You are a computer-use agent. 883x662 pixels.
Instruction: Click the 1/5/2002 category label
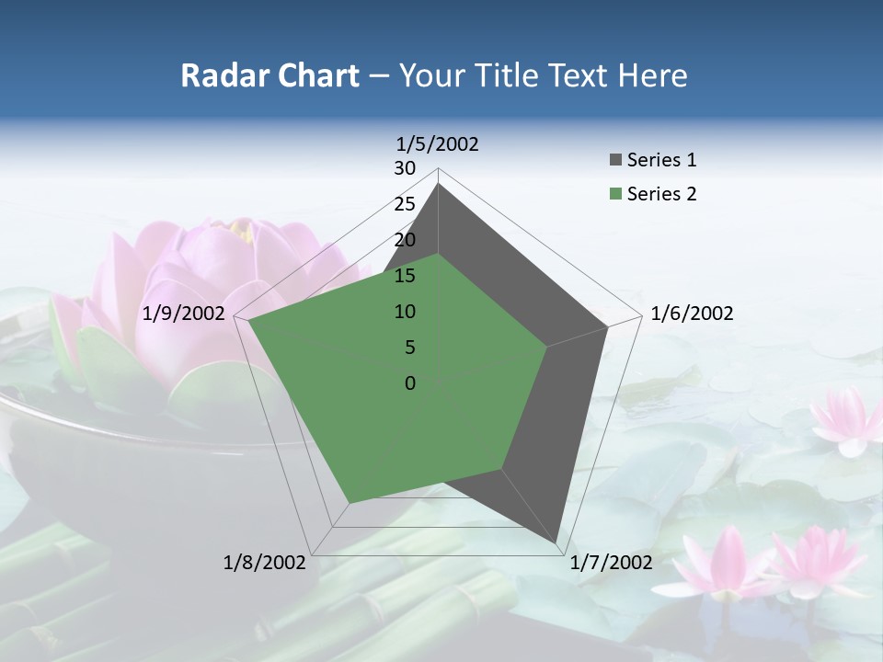click(x=438, y=144)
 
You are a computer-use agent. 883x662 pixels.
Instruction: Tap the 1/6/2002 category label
click(x=692, y=314)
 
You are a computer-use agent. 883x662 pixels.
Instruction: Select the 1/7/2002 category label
click(x=612, y=563)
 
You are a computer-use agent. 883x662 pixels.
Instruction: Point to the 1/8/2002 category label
click(x=265, y=563)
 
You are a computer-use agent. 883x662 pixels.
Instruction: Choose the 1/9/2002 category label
click(x=184, y=314)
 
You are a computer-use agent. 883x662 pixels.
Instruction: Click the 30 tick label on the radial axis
click(x=405, y=168)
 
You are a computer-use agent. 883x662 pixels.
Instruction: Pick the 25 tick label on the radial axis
click(x=405, y=204)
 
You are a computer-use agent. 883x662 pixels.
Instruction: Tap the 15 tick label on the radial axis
click(x=405, y=276)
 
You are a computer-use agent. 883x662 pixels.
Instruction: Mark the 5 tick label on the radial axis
click(x=410, y=348)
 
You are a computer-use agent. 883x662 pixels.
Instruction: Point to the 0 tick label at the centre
click(x=410, y=383)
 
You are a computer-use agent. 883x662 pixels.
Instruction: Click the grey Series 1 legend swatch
click(x=614, y=161)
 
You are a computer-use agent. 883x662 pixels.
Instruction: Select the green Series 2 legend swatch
click(x=614, y=195)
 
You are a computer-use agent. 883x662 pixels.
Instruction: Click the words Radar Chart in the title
click(x=269, y=75)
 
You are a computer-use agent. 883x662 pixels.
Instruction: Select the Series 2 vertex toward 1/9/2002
click(x=248, y=321)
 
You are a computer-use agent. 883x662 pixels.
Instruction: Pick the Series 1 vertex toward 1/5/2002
click(x=438, y=184)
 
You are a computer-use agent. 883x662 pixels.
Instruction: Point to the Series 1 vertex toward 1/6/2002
click(x=607, y=326)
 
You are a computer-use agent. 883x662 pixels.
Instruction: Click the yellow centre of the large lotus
click(x=241, y=229)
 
